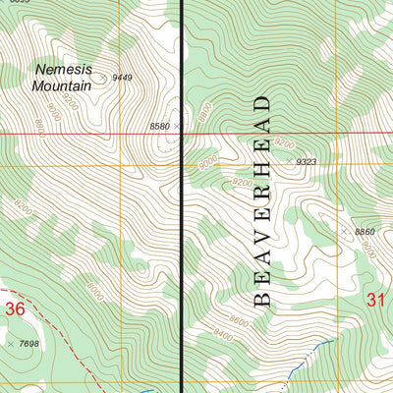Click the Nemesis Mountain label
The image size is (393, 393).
63,78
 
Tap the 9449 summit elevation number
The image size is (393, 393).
122,77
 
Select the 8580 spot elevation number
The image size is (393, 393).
159,127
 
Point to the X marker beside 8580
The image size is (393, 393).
178,127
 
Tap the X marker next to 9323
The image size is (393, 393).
290,160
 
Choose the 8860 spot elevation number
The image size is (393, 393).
365,232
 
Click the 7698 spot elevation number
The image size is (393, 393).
34,345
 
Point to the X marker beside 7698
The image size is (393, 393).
12,345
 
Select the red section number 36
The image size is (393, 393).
14,309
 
